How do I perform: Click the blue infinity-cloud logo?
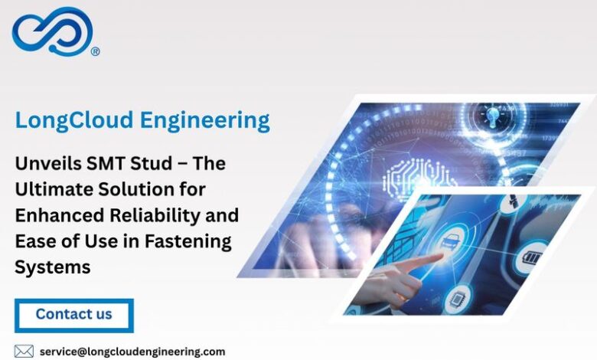click(53, 31)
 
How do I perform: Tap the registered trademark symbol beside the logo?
click(96, 51)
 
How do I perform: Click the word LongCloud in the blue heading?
click(74, 121)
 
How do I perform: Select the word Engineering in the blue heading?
click(205, 121)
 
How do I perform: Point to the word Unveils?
click(47, 163)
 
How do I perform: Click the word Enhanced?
click(60, 215)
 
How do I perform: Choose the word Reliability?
click(155, 216)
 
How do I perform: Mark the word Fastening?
click(188, 242)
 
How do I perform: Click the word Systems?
click(53, 267)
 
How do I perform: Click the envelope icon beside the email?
click(24, 352)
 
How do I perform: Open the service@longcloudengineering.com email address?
click(132, 352)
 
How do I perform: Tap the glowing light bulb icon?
click(492, 116)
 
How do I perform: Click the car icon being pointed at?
click(450, 240)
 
